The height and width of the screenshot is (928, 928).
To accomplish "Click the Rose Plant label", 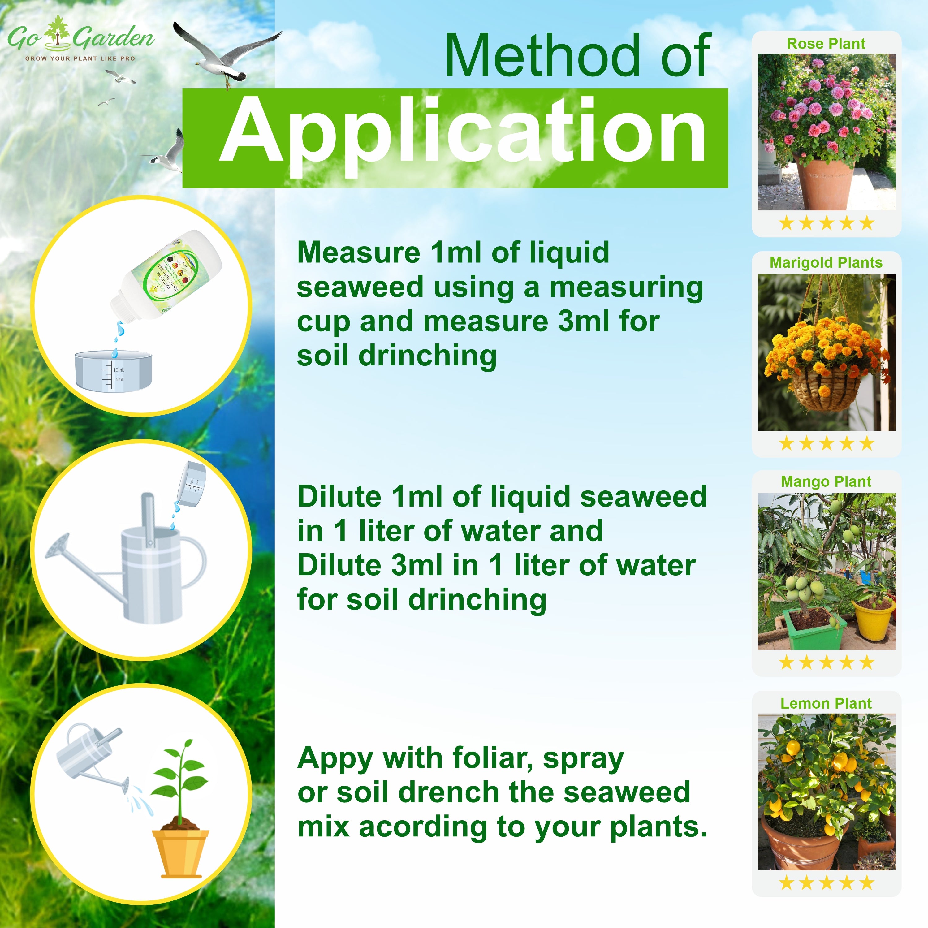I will [826, 44].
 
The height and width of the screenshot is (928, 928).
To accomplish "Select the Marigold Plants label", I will [826, 263].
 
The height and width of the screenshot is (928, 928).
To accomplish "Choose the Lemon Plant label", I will [826, 703].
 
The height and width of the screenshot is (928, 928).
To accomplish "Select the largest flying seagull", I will [226, 53].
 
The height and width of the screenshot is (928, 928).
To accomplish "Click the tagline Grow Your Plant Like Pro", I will [80, 58].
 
